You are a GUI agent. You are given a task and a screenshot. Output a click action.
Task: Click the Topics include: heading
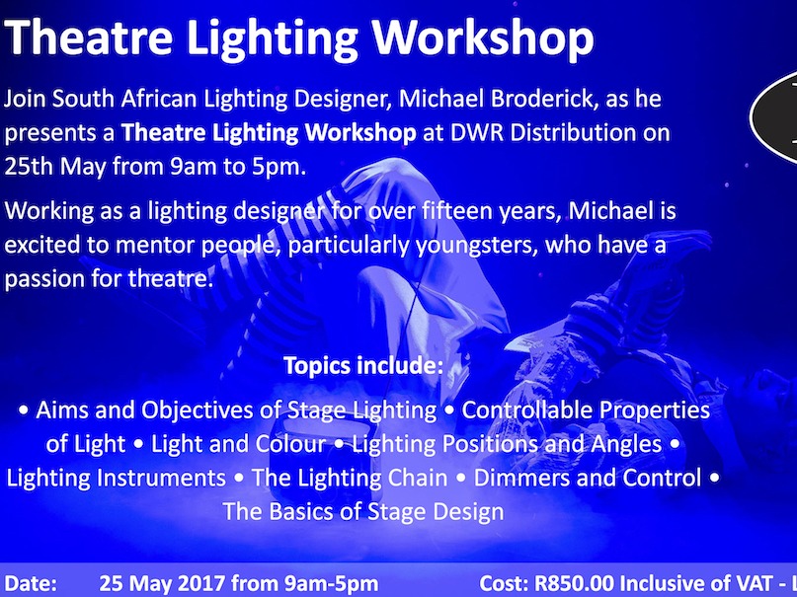click(x=362, y=365)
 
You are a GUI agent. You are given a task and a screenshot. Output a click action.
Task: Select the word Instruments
click(x=161, y=479)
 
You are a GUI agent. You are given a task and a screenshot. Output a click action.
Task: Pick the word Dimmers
click(x=520, y=479)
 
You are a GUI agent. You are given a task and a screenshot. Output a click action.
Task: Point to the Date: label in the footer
click(x=31, y=584)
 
